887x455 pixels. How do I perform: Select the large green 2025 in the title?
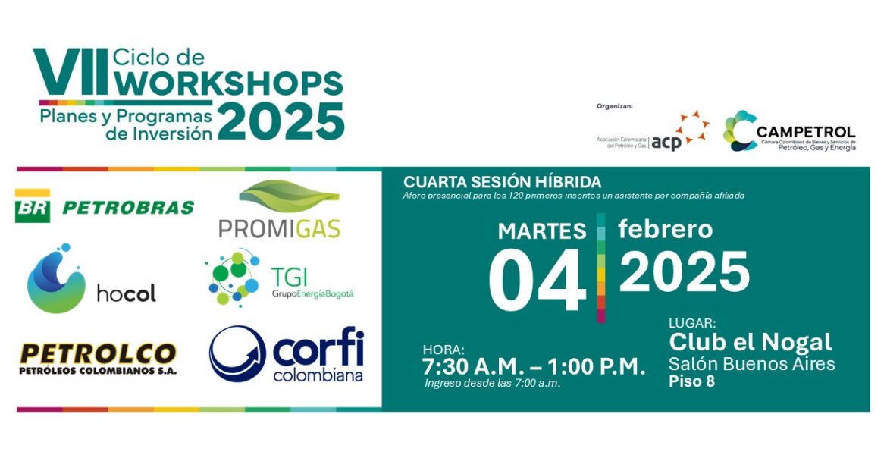[x=281, y=121]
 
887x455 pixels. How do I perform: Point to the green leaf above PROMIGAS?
[x=289, y=196]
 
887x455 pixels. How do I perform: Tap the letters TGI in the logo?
[x=289, y=278]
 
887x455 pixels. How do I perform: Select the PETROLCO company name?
[x=98, y=354]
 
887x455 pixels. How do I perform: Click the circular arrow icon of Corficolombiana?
[x=237, y=353]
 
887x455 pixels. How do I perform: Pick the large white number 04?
[x=537, y=280]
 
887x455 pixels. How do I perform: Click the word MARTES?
[x=542, y=231]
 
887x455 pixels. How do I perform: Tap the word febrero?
[x=666, y=229]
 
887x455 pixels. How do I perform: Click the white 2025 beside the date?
[x=685, y=272]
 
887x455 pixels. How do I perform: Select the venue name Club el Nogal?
[x=750, y=342]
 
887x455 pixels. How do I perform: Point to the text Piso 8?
[x=692, y=381]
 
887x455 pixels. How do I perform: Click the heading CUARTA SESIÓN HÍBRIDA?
[x=503, y=182]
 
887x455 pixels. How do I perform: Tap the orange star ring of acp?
[x=692, y=127]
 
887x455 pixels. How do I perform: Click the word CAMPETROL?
[x=806, y=133]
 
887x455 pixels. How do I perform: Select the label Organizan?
[x=615, y=106]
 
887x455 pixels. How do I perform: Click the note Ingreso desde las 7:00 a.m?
[x=493, y=383]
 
